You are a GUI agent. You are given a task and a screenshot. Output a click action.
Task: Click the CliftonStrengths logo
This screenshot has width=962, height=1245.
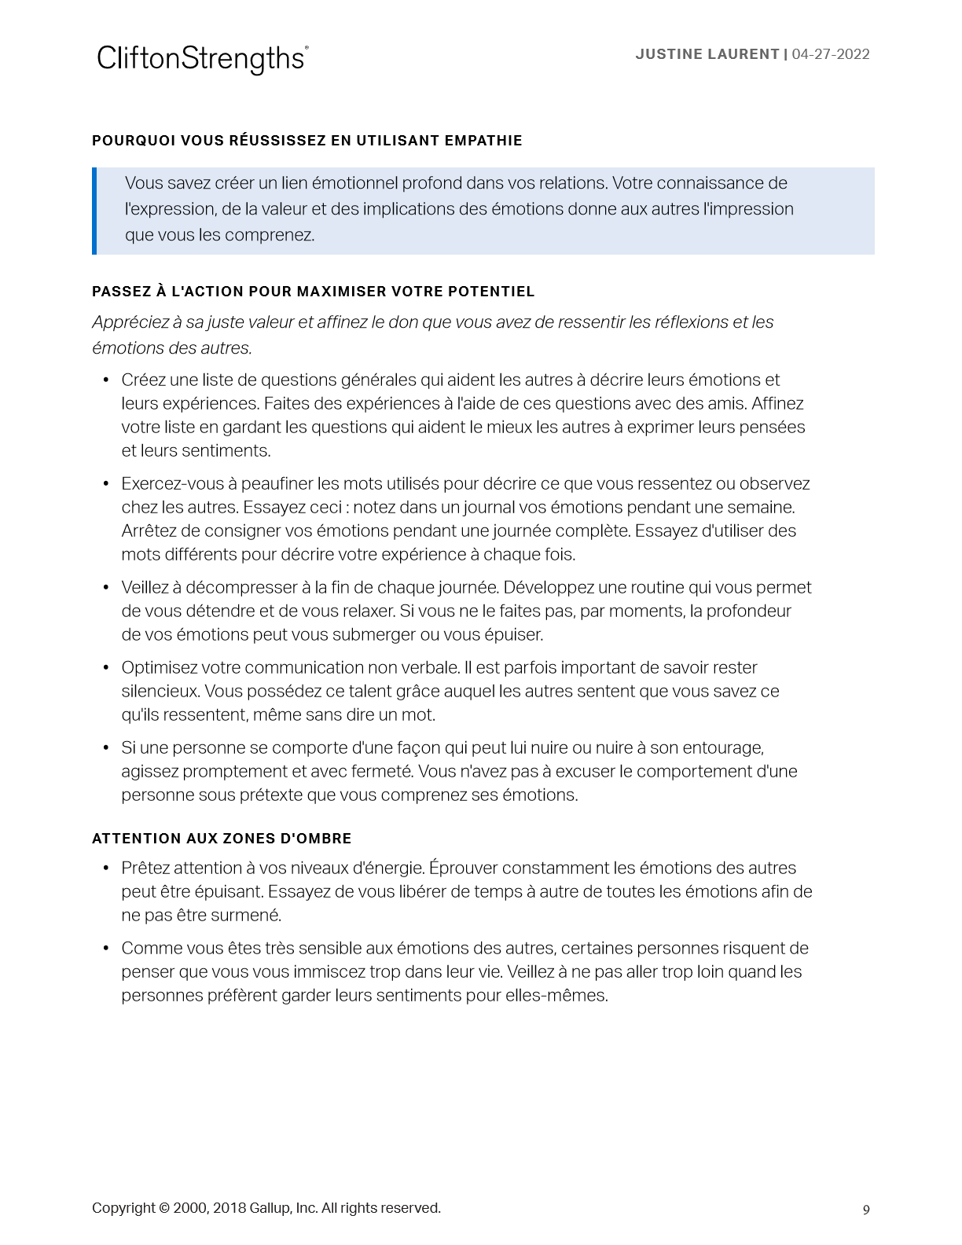pyautogui.click(x=202, y=59)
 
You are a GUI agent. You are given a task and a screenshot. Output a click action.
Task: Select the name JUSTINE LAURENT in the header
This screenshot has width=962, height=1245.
pyautogui.click(x=707, y=54)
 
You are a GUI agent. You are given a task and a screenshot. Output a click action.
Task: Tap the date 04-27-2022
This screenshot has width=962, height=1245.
pyautogui.click(x=831, y=54)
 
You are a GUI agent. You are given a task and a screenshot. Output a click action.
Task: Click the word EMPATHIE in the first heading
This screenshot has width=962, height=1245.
pyautogui.click(x=483, y=141)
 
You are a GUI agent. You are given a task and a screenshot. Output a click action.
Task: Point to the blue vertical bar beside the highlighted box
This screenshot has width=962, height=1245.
pyautogui.click(x=94, y=211)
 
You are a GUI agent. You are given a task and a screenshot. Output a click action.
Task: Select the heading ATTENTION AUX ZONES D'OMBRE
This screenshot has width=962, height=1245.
pyautogui.click(x=222, y=839)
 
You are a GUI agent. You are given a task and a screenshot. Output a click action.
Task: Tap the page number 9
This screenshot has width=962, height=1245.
pyautogui.click(x=866, y=1210)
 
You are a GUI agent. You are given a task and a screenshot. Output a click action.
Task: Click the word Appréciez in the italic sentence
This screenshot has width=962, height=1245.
pyautogui.click(x=129, y=322)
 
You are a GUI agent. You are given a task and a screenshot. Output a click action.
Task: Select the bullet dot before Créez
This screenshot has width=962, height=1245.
pyautogui.click(x=106, y=380)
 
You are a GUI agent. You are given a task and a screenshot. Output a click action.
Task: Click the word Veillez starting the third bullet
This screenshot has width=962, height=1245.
pyautogui.click(x=149, y=588)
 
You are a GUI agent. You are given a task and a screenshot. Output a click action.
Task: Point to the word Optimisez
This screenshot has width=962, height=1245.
pyautogui.click(x=160, y=668)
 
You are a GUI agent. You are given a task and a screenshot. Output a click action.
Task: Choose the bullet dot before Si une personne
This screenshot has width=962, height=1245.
pyautogui.click(x=106, y=748)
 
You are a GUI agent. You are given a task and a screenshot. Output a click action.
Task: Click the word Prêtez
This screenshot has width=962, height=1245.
pyautogui.click(x=145, y=869)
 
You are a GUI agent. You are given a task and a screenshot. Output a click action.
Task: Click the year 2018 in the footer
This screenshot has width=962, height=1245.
pyautogui.click(x=229, y=1208)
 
